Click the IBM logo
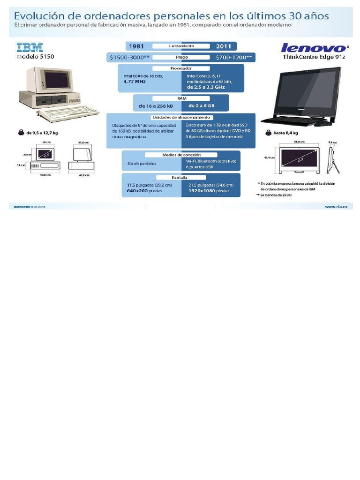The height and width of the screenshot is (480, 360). pyautogui.click(x=30, y=47)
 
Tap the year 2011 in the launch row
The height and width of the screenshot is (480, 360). pyautogui.click(x=224, y=46)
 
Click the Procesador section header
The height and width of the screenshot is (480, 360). pyautogui.click(x=181, y=68)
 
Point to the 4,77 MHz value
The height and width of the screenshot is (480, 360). pyautogui.click(x=135, y=81)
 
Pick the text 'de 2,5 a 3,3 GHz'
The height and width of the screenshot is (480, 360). pyautogui.click(x=206, y=87)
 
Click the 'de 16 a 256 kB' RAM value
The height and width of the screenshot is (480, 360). pyautogui.click(x=159, y=105)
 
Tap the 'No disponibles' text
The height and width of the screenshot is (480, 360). pyautogui.click(x=142, y=164)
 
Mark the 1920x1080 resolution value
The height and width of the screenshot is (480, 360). pyautogui.click(x=202, y=191)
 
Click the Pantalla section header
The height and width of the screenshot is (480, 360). pyautogui.click(x=181, y=178)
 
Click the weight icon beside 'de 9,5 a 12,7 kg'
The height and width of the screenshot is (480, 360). pyautogui.click(x=21, y=133)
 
